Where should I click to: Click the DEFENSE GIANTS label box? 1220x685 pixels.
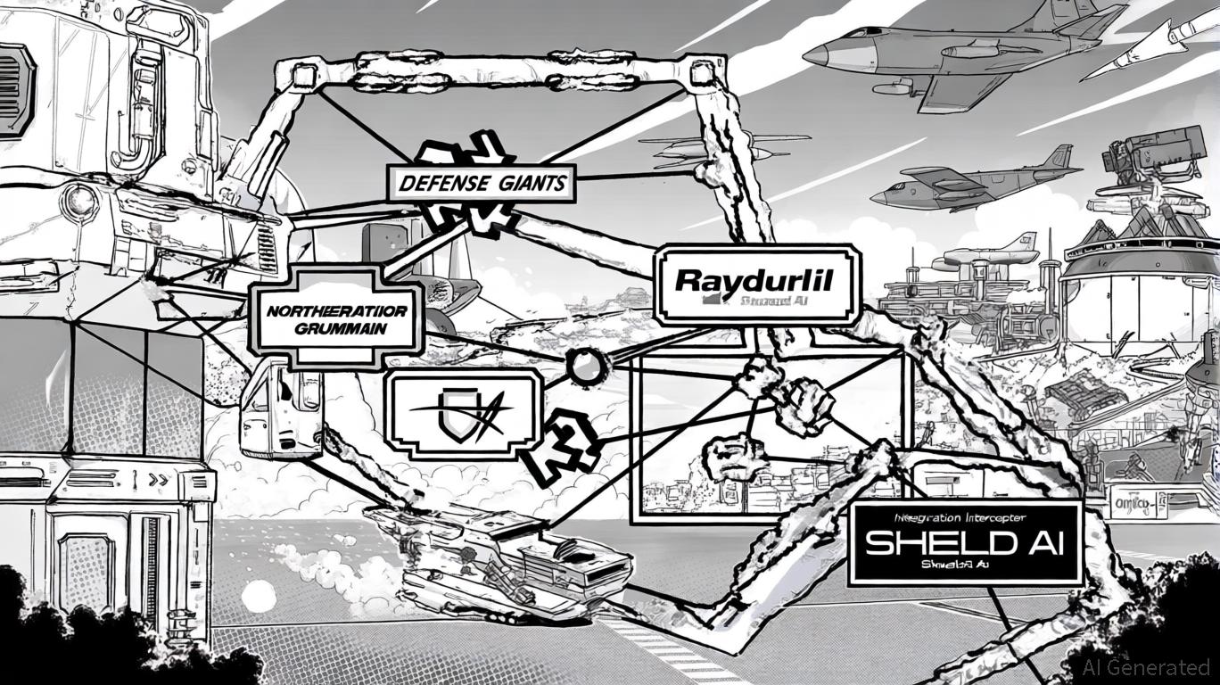point(480,185)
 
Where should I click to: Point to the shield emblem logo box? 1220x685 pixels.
point(463,416)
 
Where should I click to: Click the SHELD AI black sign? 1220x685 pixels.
point(965,542)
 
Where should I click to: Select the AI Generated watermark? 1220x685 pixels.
point(1145,666)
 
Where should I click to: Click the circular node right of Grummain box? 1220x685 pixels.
point(585,367)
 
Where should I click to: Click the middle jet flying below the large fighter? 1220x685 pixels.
point(972,185)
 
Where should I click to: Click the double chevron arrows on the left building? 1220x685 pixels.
point(158,479)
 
